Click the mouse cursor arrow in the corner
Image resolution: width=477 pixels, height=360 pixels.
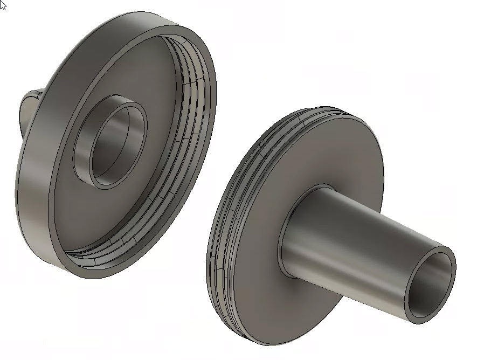[x=3, y=5]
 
